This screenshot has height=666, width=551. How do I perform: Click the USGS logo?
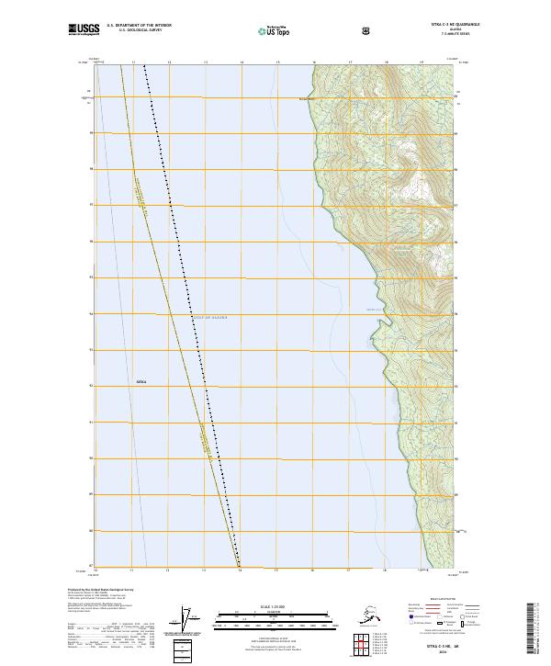[x=84, y=30]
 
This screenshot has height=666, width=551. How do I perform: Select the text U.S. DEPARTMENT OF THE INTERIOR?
[x=139, y=27]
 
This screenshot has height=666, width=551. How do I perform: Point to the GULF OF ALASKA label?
[x=209, y=317]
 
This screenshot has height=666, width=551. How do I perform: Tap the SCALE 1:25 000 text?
[x=275, y=606]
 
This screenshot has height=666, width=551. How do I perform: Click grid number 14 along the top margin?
[x=241, y=62]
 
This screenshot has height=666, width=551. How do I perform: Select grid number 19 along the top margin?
[x=421, y=62]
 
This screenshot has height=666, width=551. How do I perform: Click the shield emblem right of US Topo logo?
[x=316, y=30]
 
